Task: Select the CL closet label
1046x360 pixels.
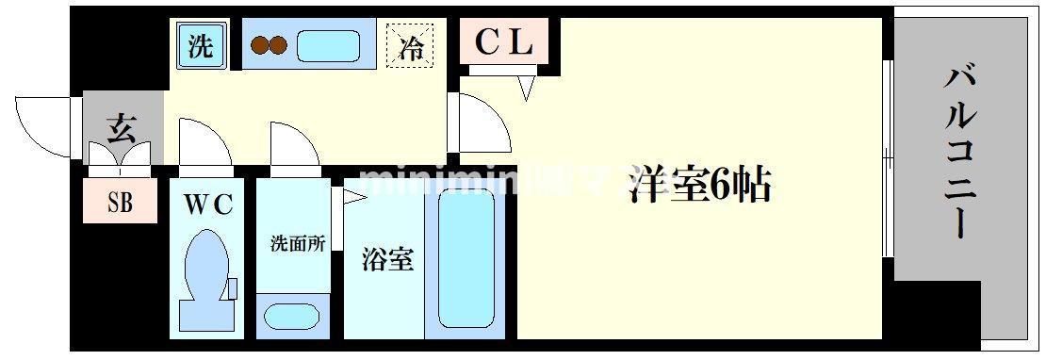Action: [503, 41]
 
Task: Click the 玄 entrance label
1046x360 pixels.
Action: [121, 126]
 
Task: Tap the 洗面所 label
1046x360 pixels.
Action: [297, 243]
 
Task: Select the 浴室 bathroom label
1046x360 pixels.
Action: [387, 260]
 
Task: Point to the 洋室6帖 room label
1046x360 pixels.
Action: [700, 186]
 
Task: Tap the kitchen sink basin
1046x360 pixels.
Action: [327, 46]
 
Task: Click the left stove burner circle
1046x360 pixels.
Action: [258, 46]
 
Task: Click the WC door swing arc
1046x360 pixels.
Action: [204, 144]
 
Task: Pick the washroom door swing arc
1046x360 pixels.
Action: [294, 144]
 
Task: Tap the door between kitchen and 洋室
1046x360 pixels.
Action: [481, 123]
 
